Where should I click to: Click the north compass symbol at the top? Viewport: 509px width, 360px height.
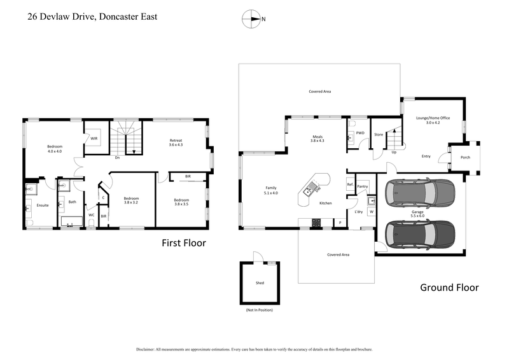click(251, 19)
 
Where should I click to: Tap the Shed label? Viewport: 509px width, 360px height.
click(260, 282)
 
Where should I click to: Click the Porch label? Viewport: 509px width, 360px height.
click(465, 156)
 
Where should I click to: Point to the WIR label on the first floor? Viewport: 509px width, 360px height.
click(94, 138)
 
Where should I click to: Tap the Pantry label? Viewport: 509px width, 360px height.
click(363, 186)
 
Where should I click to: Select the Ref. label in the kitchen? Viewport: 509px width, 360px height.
click(350, 185)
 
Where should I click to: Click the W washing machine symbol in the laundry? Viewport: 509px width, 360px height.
click(371, 211)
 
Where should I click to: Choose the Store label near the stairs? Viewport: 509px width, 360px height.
click(379, 134)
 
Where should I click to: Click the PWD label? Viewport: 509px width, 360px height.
click(360, 133)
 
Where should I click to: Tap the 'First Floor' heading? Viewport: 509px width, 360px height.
click(183, 243)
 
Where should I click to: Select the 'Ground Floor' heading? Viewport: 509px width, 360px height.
click(449, 287)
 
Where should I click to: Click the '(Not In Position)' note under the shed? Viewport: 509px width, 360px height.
click(260, 310)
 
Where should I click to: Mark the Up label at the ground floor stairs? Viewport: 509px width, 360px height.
click(394, 152)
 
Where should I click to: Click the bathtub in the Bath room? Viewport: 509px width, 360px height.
click(71, 222)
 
